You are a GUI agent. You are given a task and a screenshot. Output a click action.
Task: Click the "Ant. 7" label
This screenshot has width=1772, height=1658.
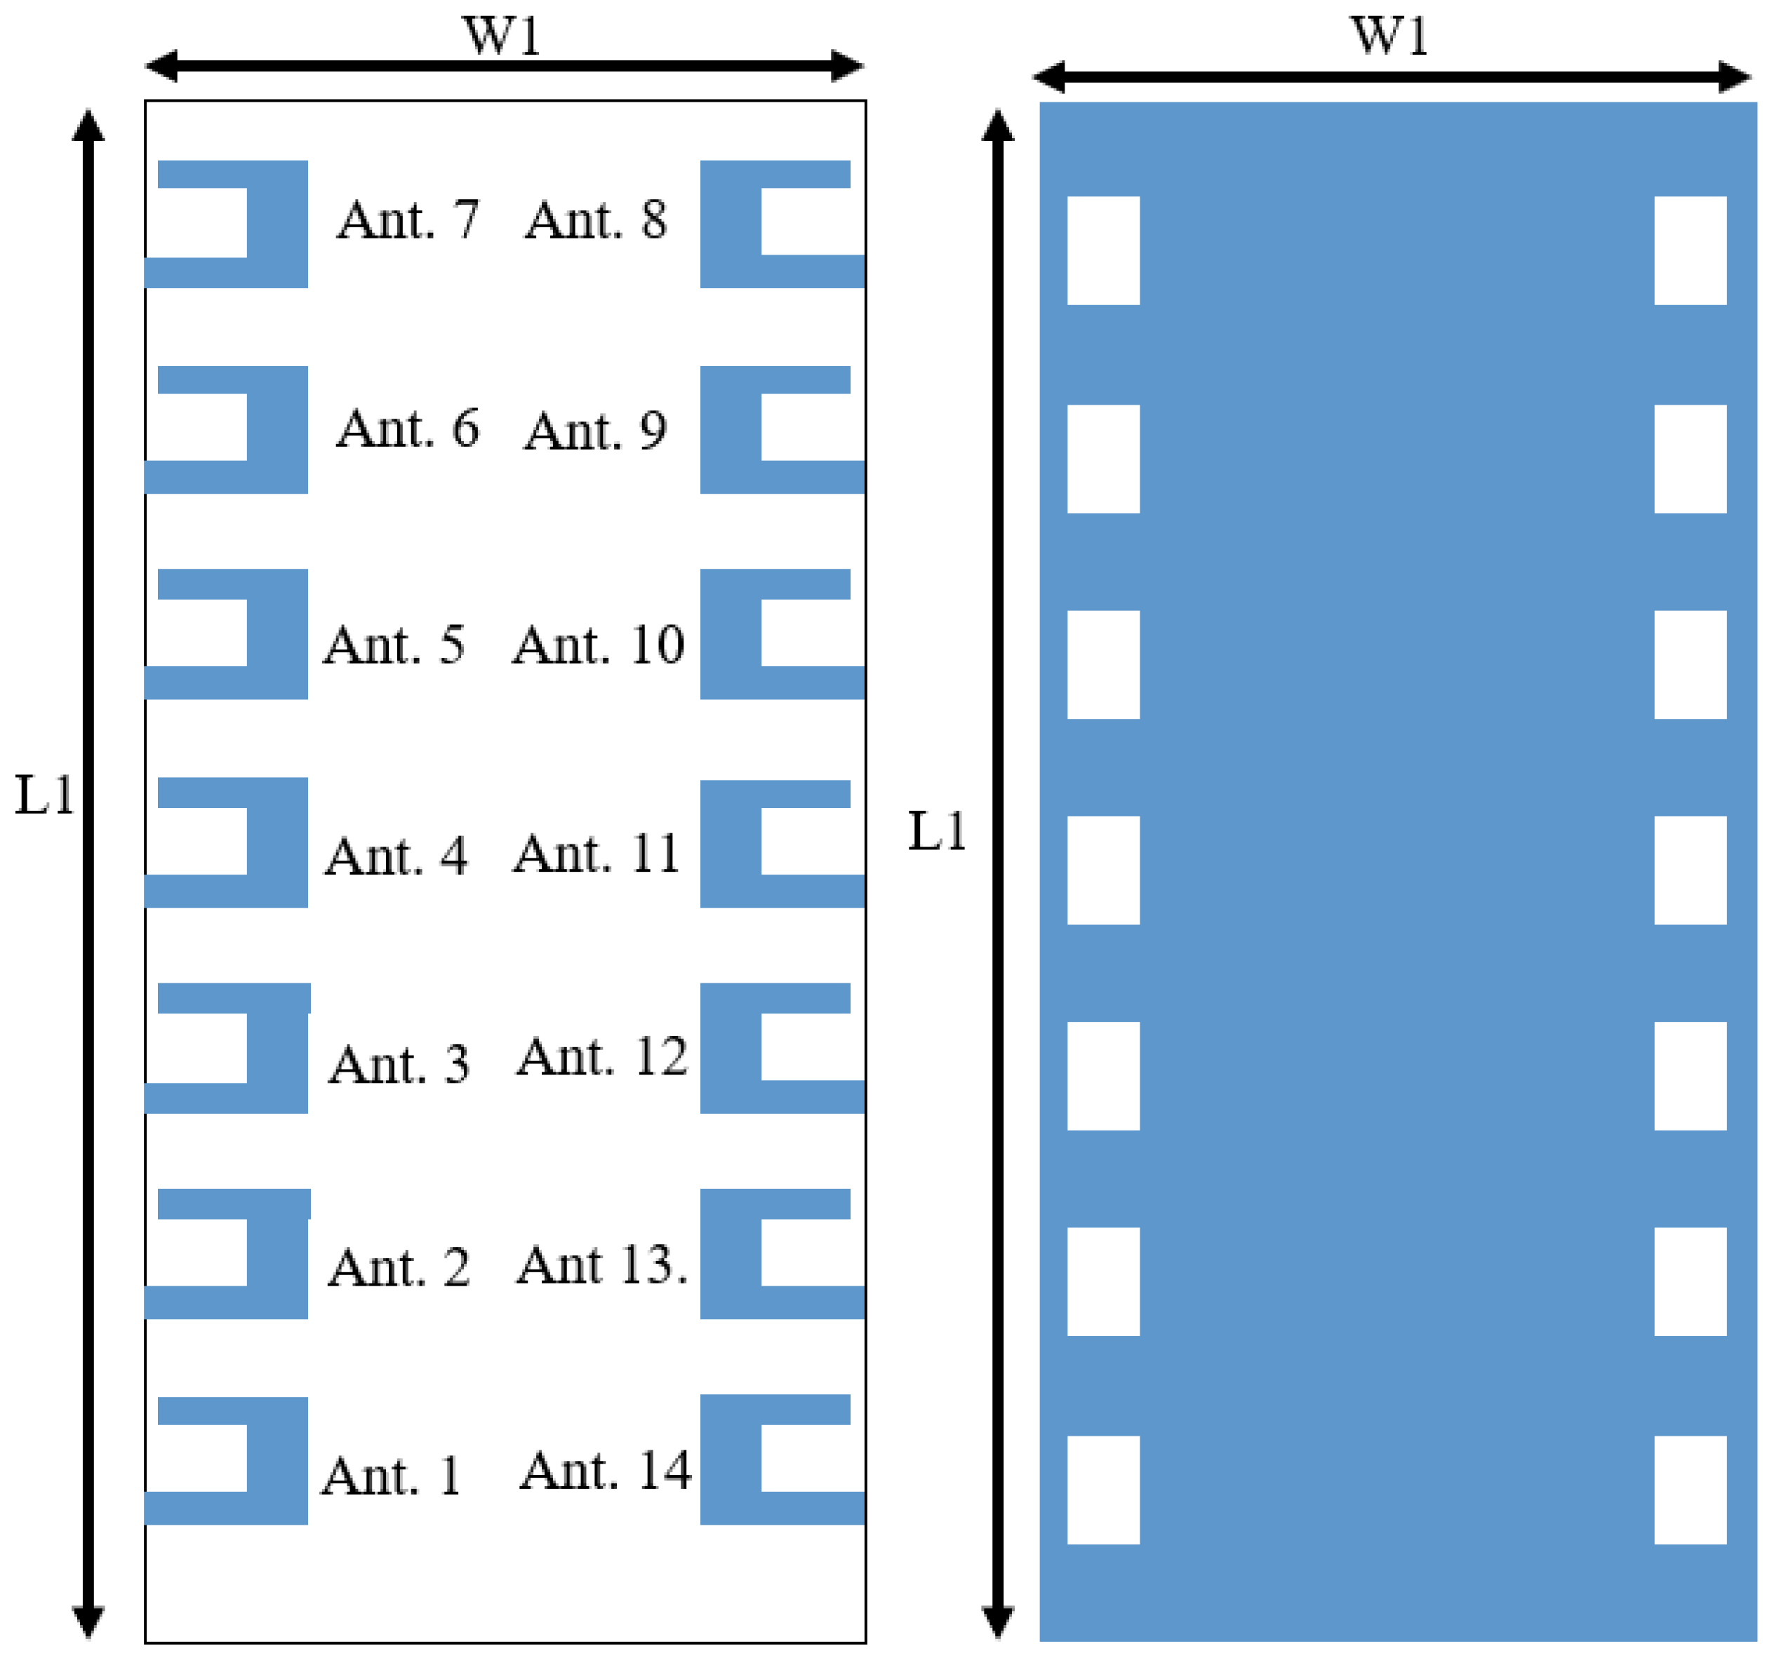tap(407, 220)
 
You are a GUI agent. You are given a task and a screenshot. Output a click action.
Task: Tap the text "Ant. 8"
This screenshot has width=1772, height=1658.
tap(595, 220)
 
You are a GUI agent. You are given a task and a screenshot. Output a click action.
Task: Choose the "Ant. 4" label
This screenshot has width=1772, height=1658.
tap(396, 856)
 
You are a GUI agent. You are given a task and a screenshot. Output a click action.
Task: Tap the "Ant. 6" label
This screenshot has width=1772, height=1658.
tap(407, 429)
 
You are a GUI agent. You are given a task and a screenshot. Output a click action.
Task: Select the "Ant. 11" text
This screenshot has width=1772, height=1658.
tap(597, 854)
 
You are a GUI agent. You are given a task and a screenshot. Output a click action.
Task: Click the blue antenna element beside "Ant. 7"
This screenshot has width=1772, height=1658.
tap(277, 224)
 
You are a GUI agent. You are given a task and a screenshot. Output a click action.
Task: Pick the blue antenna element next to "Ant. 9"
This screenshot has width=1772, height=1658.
tap(731, 429)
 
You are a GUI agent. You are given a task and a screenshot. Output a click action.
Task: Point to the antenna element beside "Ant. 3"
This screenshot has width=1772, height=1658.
tap(277, 1048)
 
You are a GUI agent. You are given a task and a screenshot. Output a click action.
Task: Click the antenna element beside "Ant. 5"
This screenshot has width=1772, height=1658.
tap(277, 633)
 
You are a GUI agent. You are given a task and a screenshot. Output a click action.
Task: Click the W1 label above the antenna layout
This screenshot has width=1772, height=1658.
tap(502, 36)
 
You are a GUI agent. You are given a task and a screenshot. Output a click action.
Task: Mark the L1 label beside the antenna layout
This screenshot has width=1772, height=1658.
tap(44, 795)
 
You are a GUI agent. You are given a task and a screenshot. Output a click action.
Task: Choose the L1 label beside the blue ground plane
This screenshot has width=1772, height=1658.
tap(936, 831)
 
